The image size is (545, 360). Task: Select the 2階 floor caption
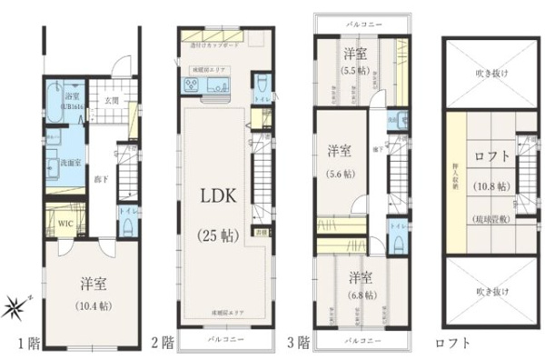coord(163,344)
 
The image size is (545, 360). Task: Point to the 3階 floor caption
coord(300,344)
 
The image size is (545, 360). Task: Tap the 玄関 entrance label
coord(112,100)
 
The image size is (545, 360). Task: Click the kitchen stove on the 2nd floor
coord(193,85)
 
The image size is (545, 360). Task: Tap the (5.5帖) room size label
coord(354,67)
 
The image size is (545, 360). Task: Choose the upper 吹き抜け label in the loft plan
coord(493,75)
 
